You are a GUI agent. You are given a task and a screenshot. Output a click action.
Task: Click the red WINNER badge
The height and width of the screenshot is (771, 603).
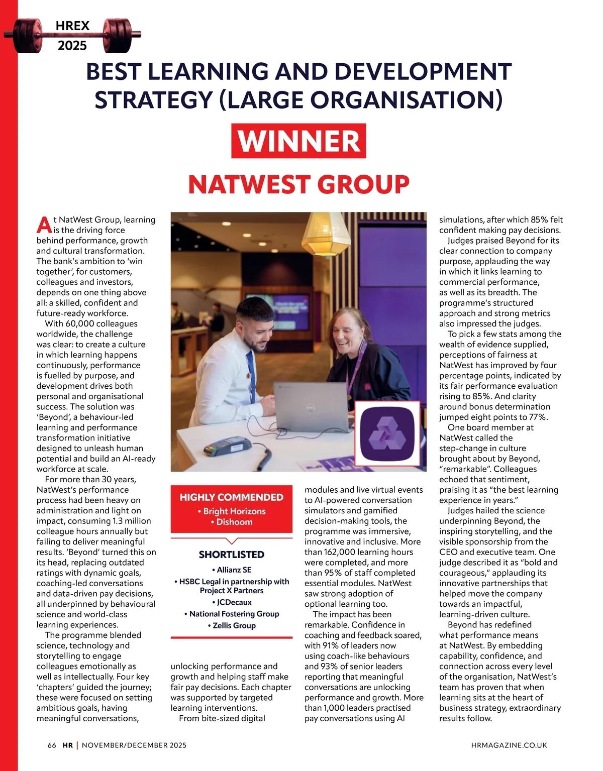(x=298, y=141)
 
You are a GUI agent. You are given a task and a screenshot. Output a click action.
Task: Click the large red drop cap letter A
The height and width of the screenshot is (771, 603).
(x=44, y=225)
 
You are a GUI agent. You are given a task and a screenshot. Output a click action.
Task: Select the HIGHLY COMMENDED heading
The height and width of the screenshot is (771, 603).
(x=232, y=497)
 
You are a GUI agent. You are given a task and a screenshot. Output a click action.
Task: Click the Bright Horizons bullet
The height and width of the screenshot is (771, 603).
(x=232, y=511)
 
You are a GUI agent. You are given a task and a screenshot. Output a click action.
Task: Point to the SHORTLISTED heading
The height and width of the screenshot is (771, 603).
(x=232, y=555)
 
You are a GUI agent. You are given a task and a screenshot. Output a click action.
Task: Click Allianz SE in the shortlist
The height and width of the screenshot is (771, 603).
(x=232, y=570)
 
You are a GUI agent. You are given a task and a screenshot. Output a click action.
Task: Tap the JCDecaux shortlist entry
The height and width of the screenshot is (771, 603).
(x=232, y=602)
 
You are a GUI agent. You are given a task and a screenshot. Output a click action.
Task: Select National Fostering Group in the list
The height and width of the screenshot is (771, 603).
(x=232, y=614)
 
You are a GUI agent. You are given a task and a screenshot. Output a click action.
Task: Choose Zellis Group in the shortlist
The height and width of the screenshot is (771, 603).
(x=232, y=626)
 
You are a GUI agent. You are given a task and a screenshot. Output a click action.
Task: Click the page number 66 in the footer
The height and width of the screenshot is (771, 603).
(x=52, y=745)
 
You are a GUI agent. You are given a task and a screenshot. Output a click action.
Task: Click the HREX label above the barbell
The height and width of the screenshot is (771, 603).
(x=72, y=26)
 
